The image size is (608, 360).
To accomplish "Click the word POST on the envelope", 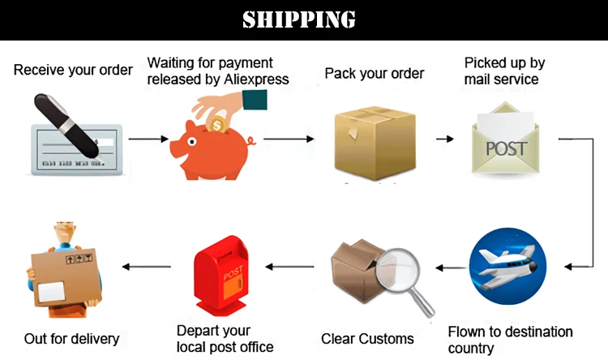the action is (x=506, y=148).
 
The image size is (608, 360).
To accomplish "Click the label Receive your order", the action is (x=73, y=70).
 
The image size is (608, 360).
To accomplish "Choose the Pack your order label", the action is (x=375, y=73).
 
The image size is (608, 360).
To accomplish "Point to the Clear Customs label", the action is (x=367, y=338).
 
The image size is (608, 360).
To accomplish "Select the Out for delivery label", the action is (x=71, y=338).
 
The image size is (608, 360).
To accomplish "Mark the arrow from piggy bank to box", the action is (x=289, y=139).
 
